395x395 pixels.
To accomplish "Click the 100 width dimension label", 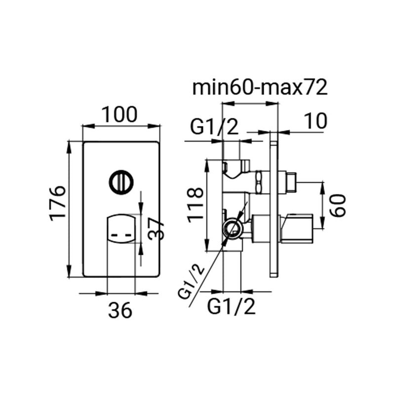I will tap(120, 115).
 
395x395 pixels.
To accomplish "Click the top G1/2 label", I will tap(214, 128).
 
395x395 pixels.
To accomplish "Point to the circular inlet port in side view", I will tap(232, 228).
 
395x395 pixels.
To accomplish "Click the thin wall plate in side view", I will tap(273, 203).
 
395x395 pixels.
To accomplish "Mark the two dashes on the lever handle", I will tap(120, 236).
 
